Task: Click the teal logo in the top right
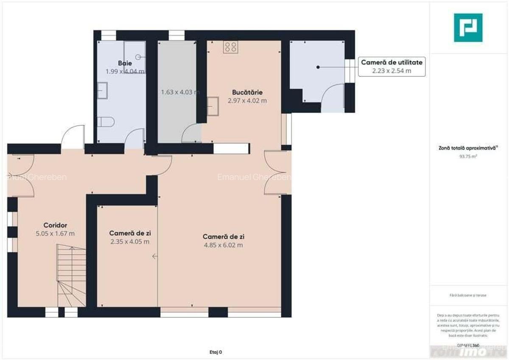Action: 468,28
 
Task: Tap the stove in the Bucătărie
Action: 231,47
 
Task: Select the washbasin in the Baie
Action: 102,90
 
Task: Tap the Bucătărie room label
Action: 247,92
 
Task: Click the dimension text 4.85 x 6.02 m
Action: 223,245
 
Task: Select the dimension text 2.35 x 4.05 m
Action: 130,242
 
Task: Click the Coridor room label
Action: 55,225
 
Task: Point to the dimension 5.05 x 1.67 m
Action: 55,233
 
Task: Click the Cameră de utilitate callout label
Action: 392,62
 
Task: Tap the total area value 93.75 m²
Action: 468,156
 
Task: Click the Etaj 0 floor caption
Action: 215,352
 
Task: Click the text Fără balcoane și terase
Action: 468,295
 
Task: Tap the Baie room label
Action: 125,63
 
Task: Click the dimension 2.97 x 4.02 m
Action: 247,101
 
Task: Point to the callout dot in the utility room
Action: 317,67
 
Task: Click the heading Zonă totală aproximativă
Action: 468,148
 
